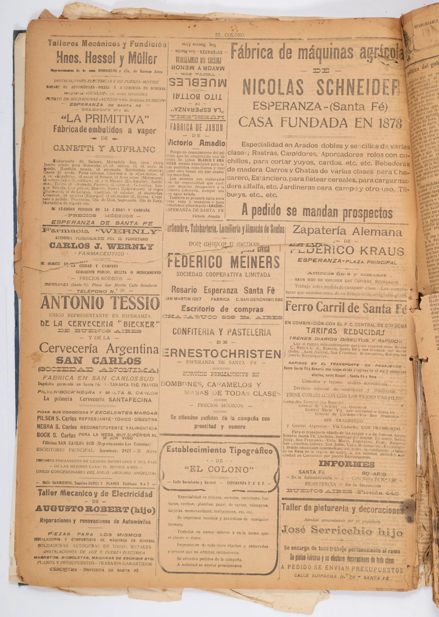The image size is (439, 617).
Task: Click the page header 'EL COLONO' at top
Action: point(230,35)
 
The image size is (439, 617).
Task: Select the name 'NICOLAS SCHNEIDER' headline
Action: point(321,86)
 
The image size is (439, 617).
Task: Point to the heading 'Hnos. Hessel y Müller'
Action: point(107,59)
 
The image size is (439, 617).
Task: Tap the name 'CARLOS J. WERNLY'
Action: point(101,246)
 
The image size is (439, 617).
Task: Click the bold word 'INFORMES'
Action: point(347,464)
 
